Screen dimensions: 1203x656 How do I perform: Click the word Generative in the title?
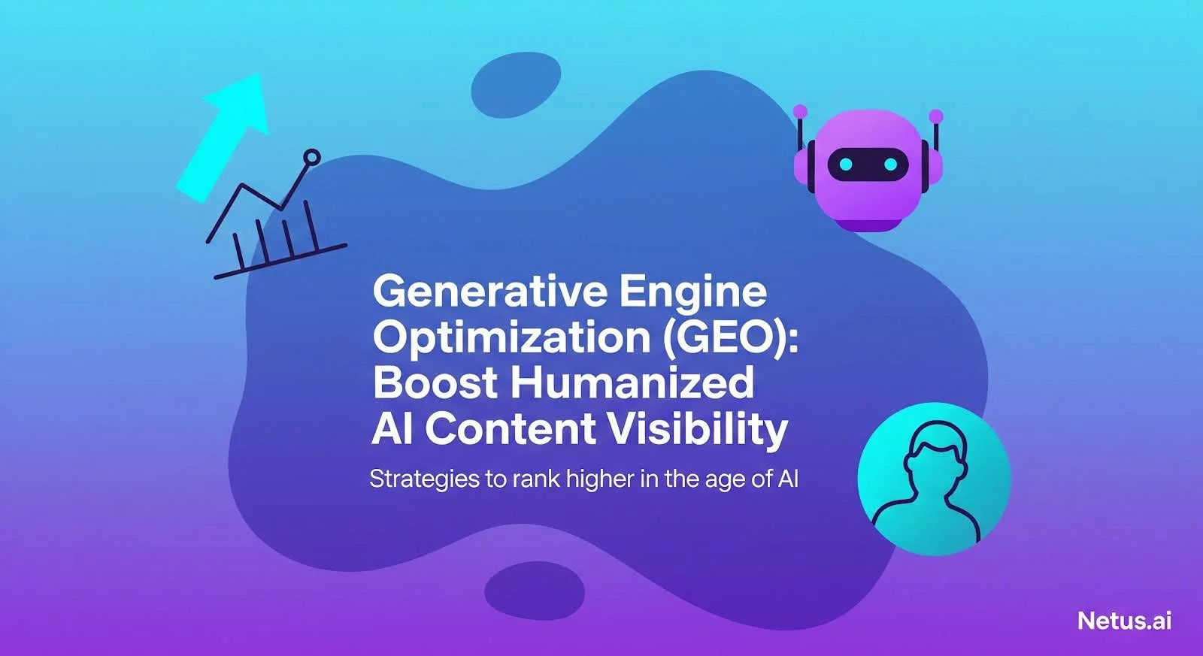491,291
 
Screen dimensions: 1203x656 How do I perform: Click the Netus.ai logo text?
1124,621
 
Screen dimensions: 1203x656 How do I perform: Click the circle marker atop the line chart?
311,157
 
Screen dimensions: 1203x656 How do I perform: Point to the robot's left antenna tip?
800,111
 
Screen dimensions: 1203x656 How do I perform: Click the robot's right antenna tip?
936,116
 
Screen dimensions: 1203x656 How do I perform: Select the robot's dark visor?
868,165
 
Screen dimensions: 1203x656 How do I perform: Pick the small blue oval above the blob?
516,85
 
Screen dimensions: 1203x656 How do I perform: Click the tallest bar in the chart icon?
311,226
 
